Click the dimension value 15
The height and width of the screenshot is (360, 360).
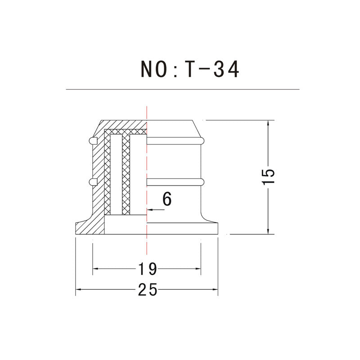(x=268, y=176)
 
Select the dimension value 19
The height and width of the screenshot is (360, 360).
(x=148, y=269)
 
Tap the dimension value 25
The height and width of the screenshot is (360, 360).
(x=148, y=289)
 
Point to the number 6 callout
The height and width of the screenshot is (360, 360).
(x=167, y=199)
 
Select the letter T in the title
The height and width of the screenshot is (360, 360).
(x=189, y=69)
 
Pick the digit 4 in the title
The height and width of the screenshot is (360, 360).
(x=234, y=69)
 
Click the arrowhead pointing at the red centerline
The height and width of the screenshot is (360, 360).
(x=150, y=210)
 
